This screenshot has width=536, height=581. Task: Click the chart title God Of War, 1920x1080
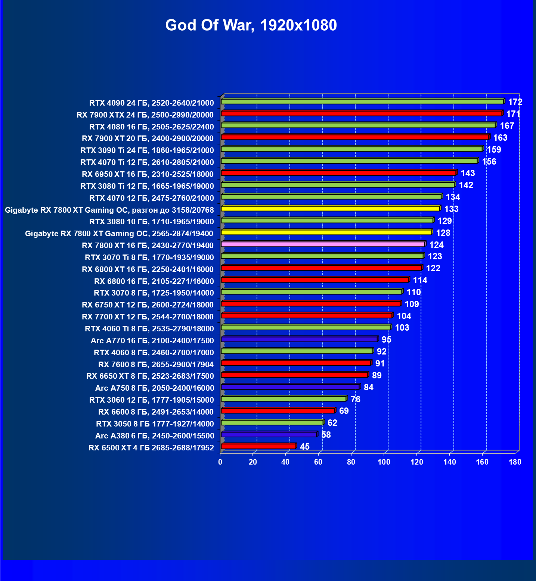tap(251, 25)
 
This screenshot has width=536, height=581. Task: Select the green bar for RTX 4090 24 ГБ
tap(362, 101)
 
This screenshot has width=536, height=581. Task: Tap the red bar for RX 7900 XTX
tap(362, 113)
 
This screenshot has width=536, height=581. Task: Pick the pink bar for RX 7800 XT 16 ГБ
tap(323, 244)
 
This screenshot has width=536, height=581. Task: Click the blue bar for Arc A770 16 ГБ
tap(299, 340)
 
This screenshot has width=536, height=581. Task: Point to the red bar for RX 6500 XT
tap(258, 446)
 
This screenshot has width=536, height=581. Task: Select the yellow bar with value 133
tap(331, 209)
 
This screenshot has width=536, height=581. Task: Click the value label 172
tap(515, 102)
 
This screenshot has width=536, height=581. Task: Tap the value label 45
tap(305, 447)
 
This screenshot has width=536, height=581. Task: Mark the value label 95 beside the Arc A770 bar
tap(387, 340)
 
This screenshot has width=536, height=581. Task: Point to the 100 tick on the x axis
tap(384, 462)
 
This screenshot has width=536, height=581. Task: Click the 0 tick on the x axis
tap(220, 462)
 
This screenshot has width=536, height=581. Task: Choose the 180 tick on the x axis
tap(515, 462)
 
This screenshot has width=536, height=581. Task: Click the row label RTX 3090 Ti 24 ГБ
tap(147, 150)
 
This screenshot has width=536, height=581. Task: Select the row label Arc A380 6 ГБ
tap(155, 436)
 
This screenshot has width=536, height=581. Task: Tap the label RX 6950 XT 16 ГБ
tap(148, 174)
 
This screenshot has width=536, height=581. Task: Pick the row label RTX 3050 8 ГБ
tap(155, 424)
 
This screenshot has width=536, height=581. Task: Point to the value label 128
tap(443, 233)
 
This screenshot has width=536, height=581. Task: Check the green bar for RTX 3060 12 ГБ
tap(284, 399)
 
